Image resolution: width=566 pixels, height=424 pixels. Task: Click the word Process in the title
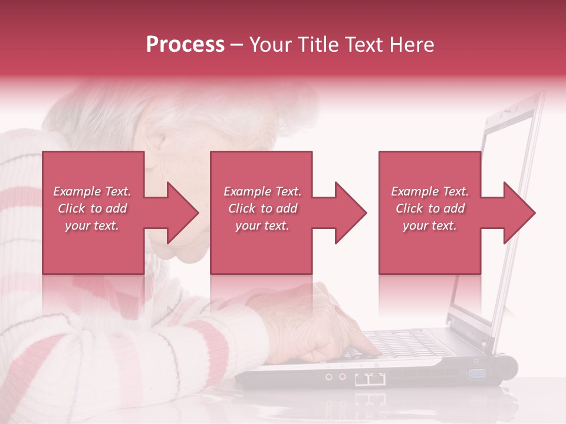[185, 45]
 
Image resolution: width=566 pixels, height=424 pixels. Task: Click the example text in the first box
[93, 208]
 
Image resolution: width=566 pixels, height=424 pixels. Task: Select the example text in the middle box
[262, 208]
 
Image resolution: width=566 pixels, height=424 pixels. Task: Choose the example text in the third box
[430, 208]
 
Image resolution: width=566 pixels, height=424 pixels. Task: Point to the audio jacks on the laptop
[335, 376]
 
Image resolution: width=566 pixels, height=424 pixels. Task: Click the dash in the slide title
[237, 45]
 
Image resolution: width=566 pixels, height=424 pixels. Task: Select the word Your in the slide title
[268, 45]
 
